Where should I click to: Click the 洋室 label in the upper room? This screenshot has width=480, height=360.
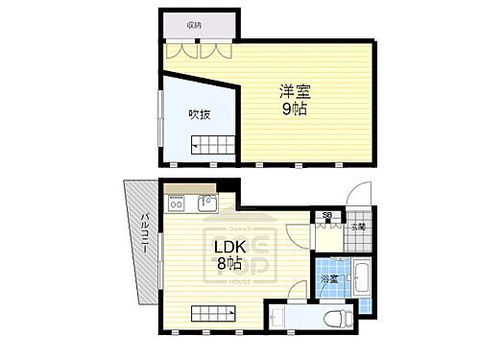tap(295, 92)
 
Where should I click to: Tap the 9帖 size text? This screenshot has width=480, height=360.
tap(295, 108)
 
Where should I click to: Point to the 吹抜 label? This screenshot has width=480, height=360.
tap(199, 114)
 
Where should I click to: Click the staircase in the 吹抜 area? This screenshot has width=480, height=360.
tap(212, 146)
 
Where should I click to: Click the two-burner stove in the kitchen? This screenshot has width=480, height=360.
tap(176, 204)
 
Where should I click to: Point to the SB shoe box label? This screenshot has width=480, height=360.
tap(327, 216)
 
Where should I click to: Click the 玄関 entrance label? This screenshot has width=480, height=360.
tap(358, 227)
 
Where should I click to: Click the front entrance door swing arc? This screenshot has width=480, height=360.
tap(360, 197)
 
